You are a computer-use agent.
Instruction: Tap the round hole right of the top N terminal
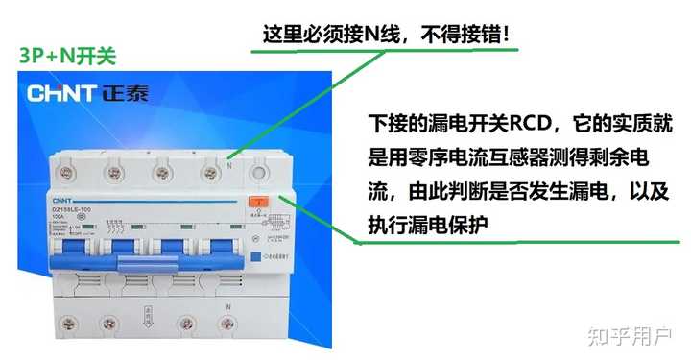point(257,174)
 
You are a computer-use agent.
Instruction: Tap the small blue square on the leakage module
point(255,256)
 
